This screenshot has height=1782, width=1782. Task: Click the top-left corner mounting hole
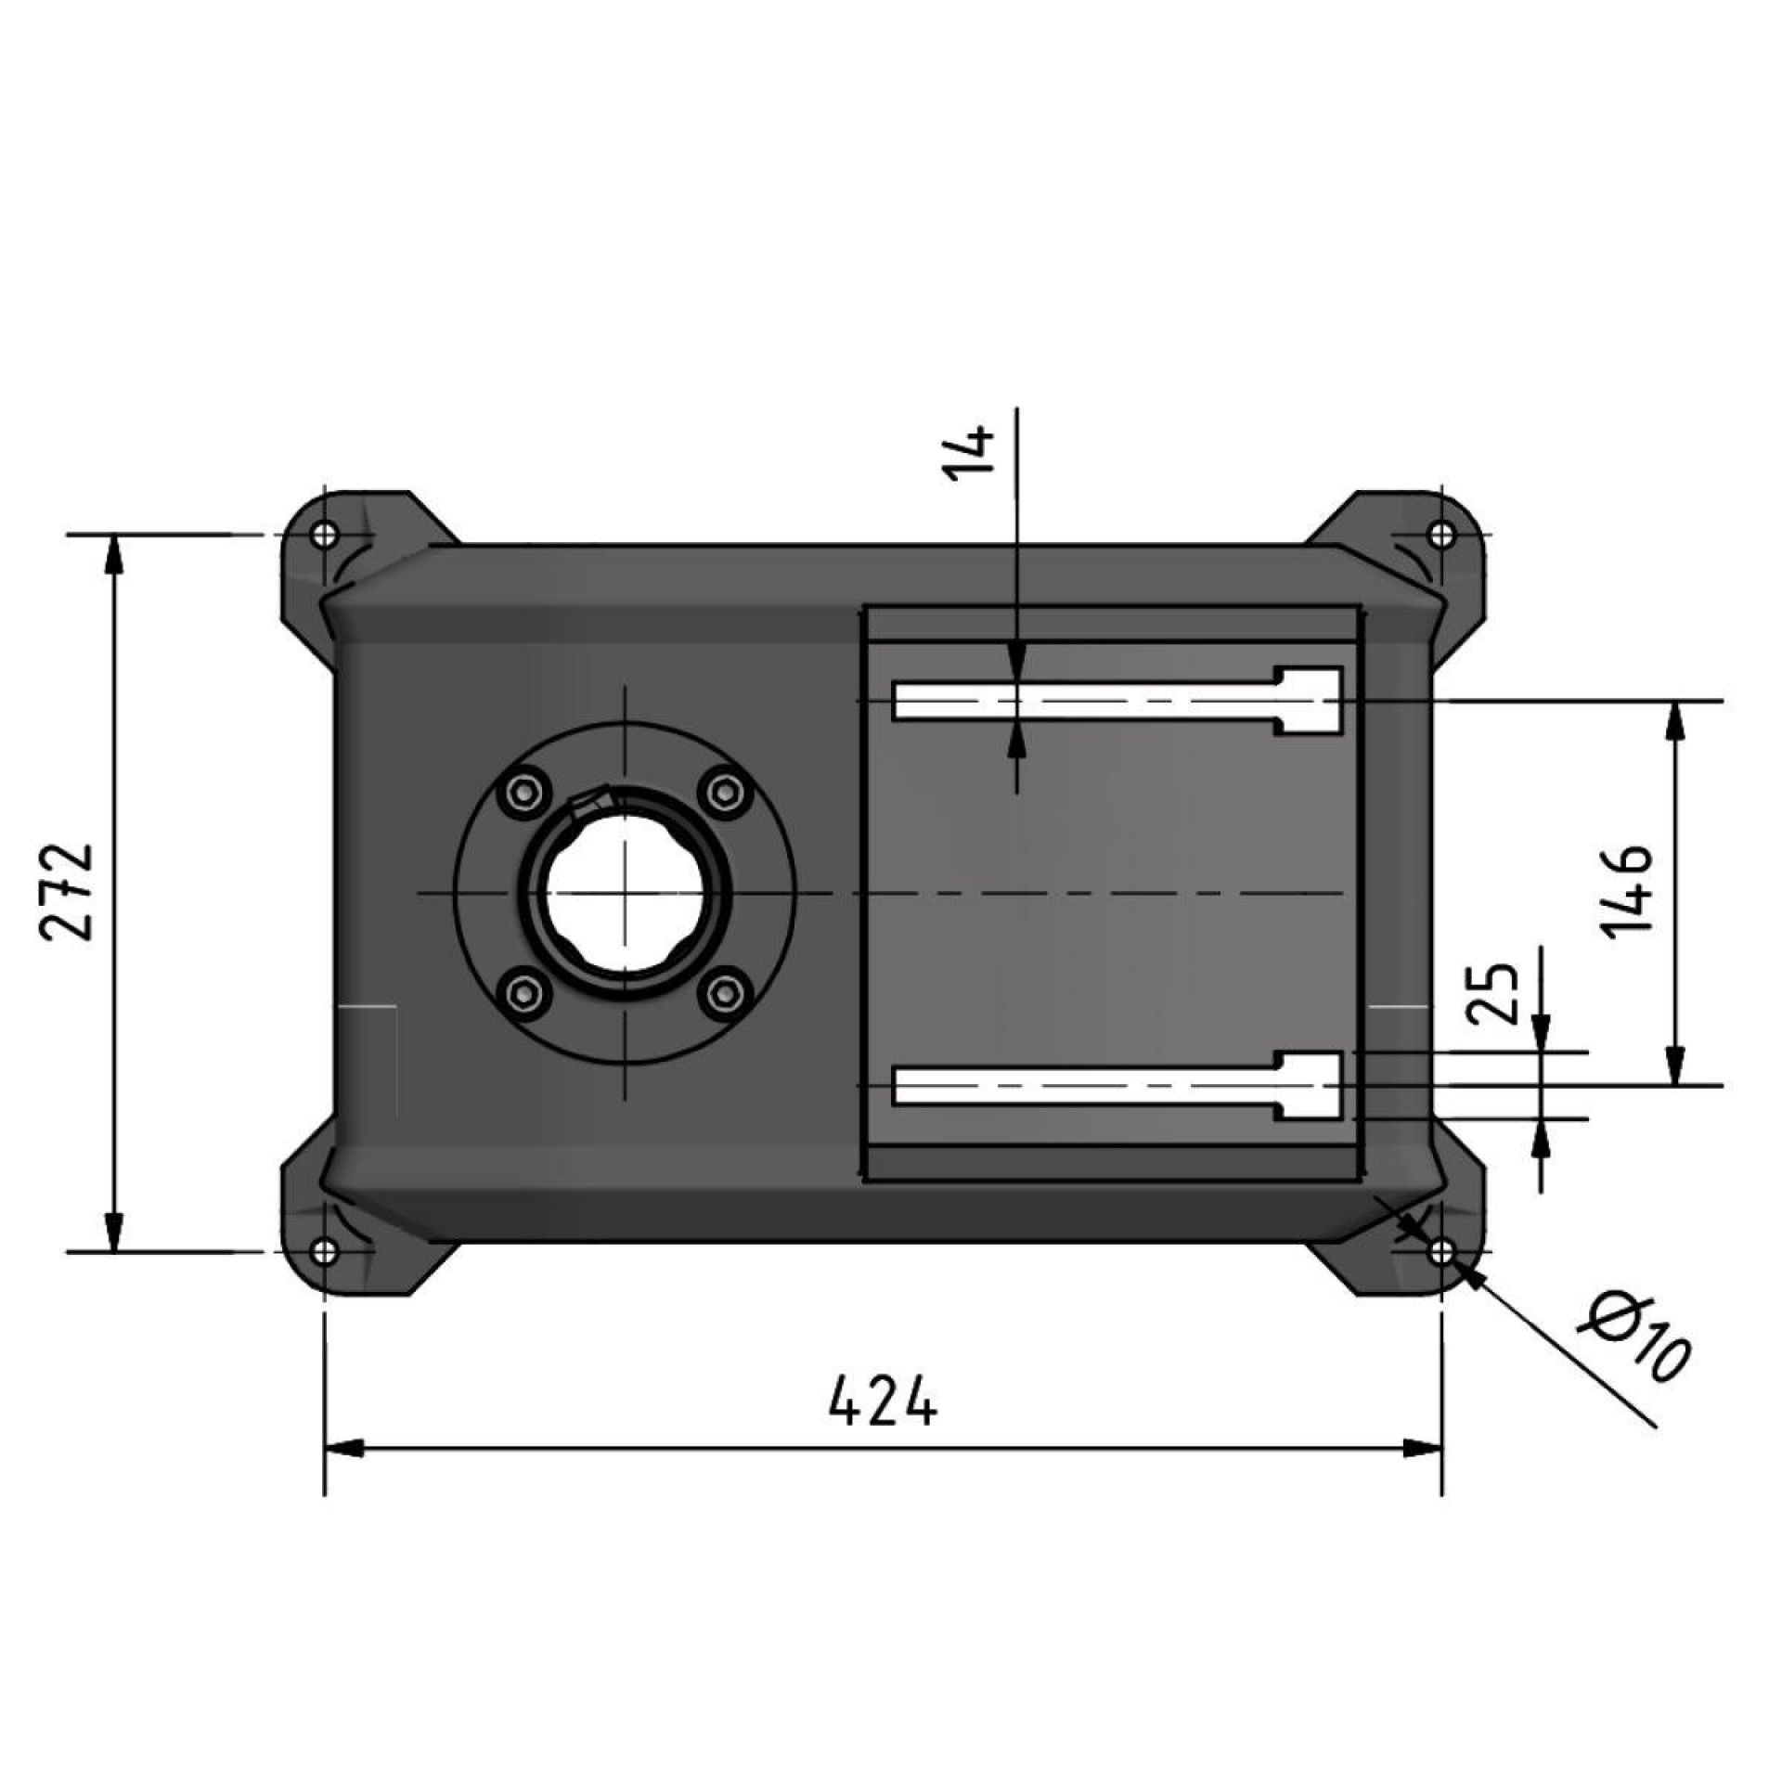point(324,535)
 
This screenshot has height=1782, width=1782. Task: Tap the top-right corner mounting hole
point(1441,535)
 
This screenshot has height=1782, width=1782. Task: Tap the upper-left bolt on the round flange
point(525,792)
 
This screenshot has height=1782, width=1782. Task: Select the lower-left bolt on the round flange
point(525,993)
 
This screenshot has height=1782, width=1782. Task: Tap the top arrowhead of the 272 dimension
point(113,553)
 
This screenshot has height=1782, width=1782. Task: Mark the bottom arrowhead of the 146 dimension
point(1674,1066)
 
